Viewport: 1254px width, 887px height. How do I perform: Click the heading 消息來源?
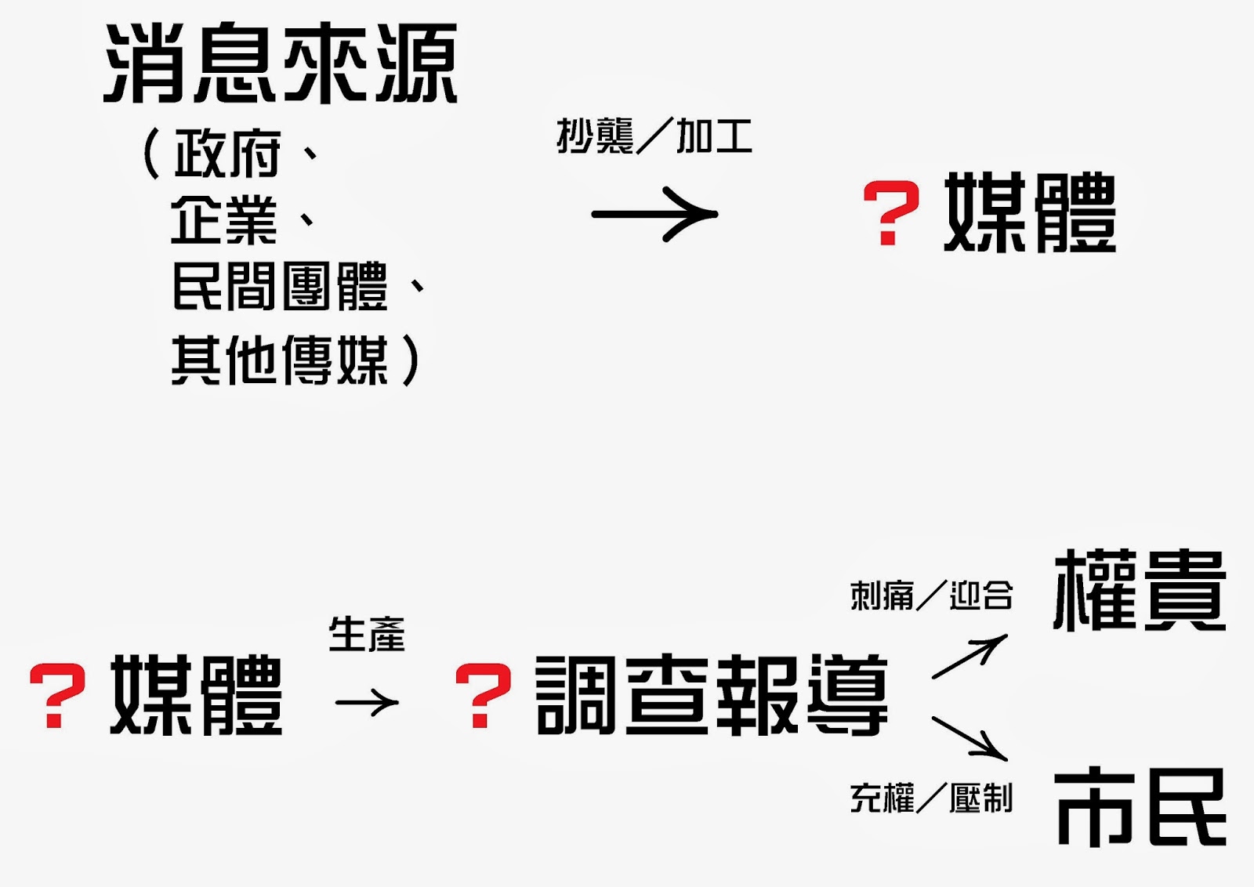coord(281,64)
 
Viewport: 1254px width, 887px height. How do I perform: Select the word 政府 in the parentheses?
coord(227,154)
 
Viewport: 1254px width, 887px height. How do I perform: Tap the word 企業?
coord(224,220)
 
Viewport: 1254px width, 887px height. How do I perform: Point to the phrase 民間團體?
coord(280,287)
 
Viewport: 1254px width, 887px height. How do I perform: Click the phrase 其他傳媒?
coord(280,360)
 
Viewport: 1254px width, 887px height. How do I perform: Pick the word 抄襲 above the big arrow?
coord(595,136)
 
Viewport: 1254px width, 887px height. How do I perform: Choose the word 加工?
coord(714,136)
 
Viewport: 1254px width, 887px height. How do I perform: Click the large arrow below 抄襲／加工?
coord(654,214)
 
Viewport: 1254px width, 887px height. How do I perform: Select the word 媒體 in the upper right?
coord(1030,213)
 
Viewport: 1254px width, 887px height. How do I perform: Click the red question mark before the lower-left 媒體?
coord(56,696)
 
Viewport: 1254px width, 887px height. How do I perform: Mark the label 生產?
coord(367,634)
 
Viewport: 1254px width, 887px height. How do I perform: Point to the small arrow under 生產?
coord(367,702)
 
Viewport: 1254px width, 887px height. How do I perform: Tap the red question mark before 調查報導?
coord(483,696)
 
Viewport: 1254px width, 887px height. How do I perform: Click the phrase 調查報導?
coord(712,696)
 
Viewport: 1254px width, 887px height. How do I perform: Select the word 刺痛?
coord(882,596)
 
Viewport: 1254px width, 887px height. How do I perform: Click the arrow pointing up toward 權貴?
coord(969,657)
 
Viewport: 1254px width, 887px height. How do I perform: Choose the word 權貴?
coord(1140,592)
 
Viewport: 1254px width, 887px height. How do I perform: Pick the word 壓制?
coord(981,798)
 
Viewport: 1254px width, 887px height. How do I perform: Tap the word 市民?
coord(1141,807)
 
